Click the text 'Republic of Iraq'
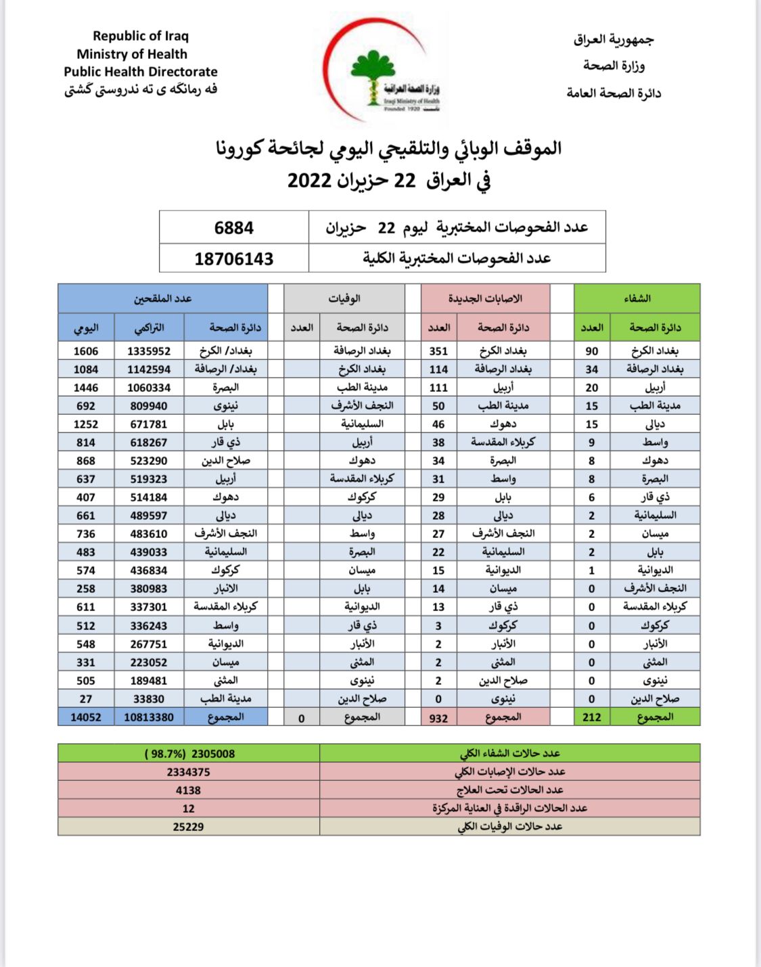click(x=141, y=36)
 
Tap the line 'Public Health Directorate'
click(x=141, y=72)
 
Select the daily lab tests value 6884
click(x=234, y=227)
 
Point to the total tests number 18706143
click(x=234, y=258)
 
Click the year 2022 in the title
click(x=309, y=180)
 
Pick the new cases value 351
click(x=438, y=351)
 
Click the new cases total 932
click(x=438, y=717)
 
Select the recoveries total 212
click(x=592, y=717)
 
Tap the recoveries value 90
click(x=592, y=351)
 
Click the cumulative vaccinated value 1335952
click(x=149, y=351)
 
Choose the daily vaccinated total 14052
click(x=86, y=717)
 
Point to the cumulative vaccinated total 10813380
click(x=149, y=717)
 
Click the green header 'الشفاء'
click(x=637, y=298)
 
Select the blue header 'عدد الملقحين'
click(x=162, y=298)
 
